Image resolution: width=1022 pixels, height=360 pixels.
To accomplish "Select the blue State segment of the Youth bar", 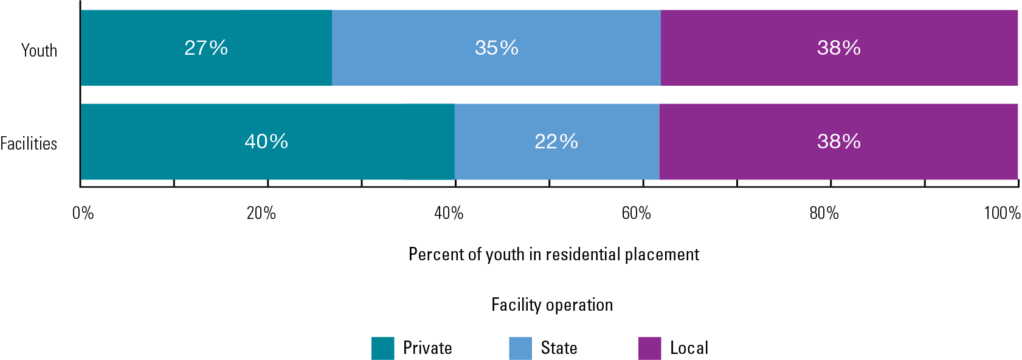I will coord(426,67).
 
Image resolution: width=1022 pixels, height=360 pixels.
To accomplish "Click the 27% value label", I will coord(206,47).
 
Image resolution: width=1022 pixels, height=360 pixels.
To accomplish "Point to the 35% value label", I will coord(497,47).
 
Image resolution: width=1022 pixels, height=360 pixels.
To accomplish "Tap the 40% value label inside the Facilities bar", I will coord(266,141).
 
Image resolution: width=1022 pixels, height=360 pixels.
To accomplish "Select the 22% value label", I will coord(556,141).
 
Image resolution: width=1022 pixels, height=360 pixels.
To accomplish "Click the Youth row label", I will coord(40,50).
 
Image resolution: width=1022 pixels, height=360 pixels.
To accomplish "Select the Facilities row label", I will coord(29,144).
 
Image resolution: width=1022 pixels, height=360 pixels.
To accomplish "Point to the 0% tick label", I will coord(83,213).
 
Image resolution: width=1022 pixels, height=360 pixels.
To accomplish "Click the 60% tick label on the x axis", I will coord(636,213).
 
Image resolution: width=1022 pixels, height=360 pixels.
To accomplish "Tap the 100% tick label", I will coord(1002,213).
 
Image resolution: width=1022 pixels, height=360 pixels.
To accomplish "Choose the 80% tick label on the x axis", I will coord(824,213).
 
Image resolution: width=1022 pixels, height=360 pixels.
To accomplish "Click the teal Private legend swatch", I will coord(382,348).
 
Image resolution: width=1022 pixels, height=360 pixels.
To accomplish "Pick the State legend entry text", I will coord(559,348).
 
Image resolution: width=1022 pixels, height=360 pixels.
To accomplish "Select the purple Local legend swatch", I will coord(649,348).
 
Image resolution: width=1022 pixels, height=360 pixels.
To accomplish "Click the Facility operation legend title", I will coord(552,305).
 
